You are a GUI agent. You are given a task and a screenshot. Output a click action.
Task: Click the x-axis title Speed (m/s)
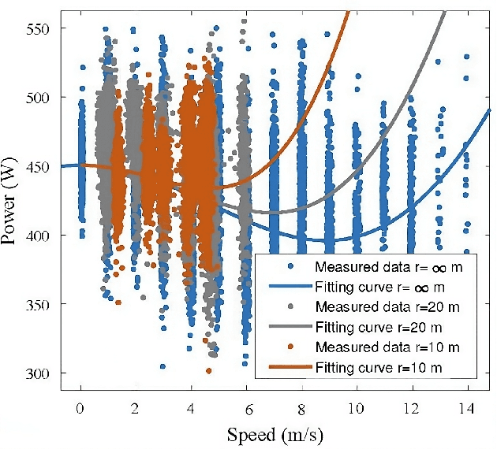click(273, 433)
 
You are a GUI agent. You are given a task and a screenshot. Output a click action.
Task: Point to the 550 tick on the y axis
click(39, 28)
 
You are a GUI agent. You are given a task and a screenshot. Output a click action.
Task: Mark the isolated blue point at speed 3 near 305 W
click(163, 366)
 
